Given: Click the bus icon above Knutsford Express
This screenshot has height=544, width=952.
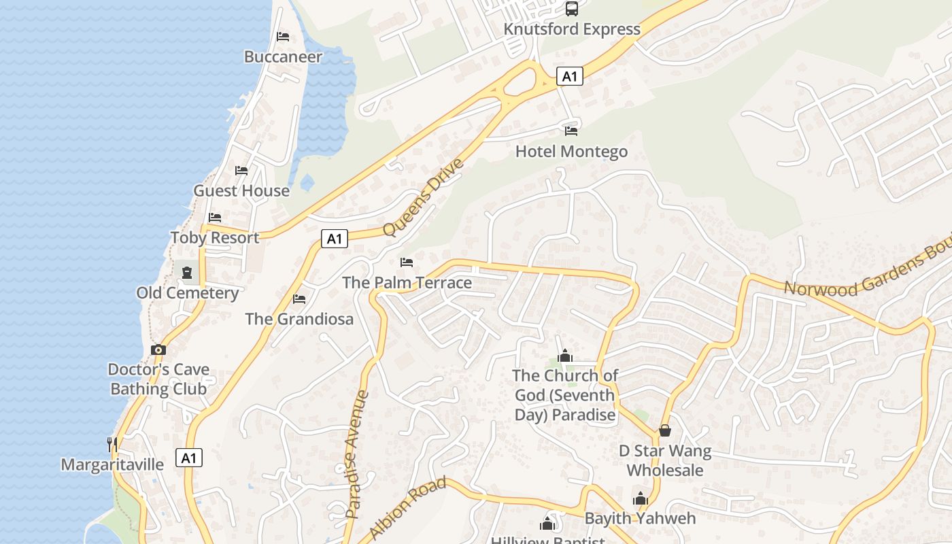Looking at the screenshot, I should pyautogui.click(x=572, y=9).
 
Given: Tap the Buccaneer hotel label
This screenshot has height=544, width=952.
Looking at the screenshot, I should pyautogui.click(x=283, y=56).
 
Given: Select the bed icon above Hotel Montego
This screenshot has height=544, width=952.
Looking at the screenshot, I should pyautogui.click(x=571, y=131).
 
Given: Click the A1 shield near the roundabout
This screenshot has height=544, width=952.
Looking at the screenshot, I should pyautogui.click(x=570, y=76).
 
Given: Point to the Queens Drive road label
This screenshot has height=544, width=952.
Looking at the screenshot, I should pyautogui.click(x=424, y=197).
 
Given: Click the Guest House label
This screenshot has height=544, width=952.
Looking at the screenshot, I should pyautogui.click(x=241, y=190).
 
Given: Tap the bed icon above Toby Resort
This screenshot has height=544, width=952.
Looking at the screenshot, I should pyautogui.click(x=215, y=218).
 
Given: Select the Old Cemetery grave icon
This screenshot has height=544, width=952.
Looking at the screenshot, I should pyautogui.click(x=187, y=273).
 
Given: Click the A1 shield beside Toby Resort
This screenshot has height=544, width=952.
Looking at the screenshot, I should pyautogui.click(x=334, y=239).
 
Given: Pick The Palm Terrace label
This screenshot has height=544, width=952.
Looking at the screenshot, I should pyautogui.click(x=407, y=282).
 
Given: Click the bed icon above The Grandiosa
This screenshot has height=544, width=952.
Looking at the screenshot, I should pyautogui.click(x=299, y=299).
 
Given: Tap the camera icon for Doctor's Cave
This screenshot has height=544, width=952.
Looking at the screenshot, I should pyautogui.click(x=158, y=350).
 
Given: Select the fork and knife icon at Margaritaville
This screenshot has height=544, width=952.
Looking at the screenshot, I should pyautogui.click(x=112, y=445).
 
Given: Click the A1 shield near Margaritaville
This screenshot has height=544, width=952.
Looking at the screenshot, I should pyautogui.click(x=189, y=458).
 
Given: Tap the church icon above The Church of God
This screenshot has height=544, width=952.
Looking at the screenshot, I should pyautogui.click(x=565, y=356).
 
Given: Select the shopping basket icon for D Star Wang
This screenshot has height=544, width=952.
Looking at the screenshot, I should pyautogui.click(x=665, y=430).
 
